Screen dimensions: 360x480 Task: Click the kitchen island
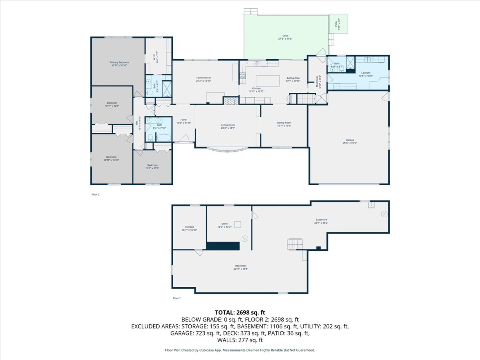[x=268, y=81]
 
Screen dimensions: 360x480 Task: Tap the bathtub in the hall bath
[x=163, y=138]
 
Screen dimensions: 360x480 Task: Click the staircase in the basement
[x=295, y=244]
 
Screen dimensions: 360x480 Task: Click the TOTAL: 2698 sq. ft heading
[x=240, y=312]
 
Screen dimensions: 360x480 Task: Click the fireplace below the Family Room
[x=230, y=101]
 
